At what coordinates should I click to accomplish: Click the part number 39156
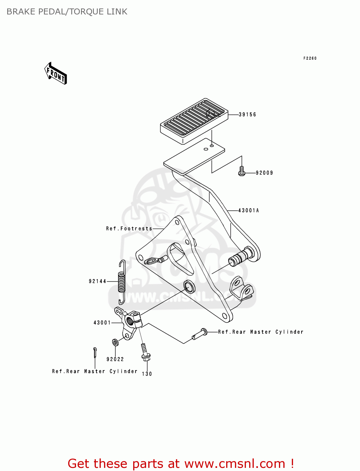(x=247, y=115)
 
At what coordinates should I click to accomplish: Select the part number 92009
(x=264, y=173)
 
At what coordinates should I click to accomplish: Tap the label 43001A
(x=248, y=210)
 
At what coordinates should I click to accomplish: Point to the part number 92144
(x=97, y=281)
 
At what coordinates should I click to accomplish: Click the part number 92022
(x=115, y=359)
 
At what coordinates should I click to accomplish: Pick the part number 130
(x=147, y=374)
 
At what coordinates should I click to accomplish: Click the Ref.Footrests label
(x=129, y=229)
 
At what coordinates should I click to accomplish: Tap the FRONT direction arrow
(x=56, y=74)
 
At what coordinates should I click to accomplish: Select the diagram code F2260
(x=310, y=58)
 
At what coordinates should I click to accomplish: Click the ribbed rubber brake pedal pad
(x=194, y=121)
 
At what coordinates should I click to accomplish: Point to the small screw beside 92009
(x=242, y=171)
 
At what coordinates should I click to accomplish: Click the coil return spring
(x=122, y=282)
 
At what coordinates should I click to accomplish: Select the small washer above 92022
(x=115, y=342)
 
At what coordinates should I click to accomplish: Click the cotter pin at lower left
(x=95, y=352)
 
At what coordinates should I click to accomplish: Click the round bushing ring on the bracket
(x=189, y=286)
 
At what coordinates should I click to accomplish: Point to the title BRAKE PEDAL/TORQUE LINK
(x=67, y=12)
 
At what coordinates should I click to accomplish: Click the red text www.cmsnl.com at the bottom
(x=235, y=464)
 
